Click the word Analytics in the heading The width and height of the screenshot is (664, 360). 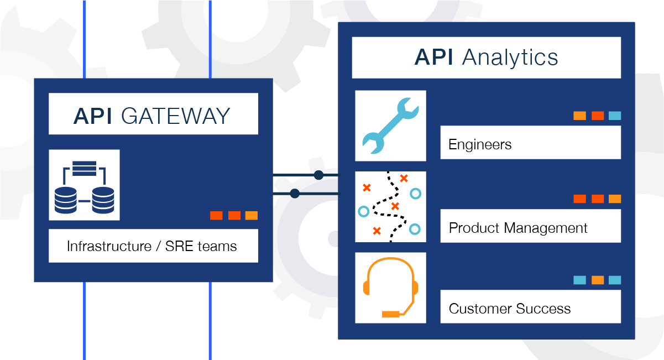point(509,58)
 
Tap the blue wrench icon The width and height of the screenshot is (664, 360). point(390,126)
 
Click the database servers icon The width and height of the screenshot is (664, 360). point(84,186)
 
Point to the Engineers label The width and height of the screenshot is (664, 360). point(480,145)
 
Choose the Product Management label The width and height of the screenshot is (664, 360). point(518,228)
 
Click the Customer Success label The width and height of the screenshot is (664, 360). point(510,309)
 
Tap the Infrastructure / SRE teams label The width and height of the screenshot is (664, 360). point(151,246)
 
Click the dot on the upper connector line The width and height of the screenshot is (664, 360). point(318,175)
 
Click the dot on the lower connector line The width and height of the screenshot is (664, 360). point(295,194)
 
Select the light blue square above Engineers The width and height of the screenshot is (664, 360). point(615,116)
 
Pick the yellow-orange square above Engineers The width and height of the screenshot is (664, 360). point(579,116)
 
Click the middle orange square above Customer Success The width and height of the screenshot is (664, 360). point(597,280)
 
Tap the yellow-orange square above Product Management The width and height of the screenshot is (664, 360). point(615,199)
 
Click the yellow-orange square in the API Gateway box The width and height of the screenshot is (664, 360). point(252,215)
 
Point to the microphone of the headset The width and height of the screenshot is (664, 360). point(390,314)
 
